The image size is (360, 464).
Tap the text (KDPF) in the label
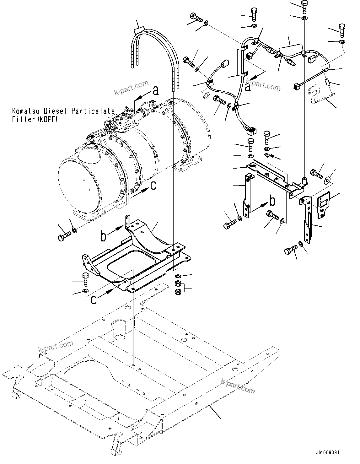pyautogui.click(x=47, y=119)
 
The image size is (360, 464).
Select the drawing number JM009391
pyautogui.click(x=328, y=453)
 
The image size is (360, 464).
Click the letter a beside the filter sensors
pyautogui.click(x=155, y=91)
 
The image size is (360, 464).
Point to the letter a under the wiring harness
pyautogui.click(x=248, y=87)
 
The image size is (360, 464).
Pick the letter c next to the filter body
pyautogui.click(x=153, y=186)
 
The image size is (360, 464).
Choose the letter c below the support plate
pyautogui.click(x=94, y=300)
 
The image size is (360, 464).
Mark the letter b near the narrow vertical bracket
pyautogui.click(x=273, y=200)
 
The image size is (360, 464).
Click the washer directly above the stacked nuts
pyautogui.click(x=177, y=276)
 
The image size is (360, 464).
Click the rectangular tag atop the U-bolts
pyautogui.click(x=138, y=31)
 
